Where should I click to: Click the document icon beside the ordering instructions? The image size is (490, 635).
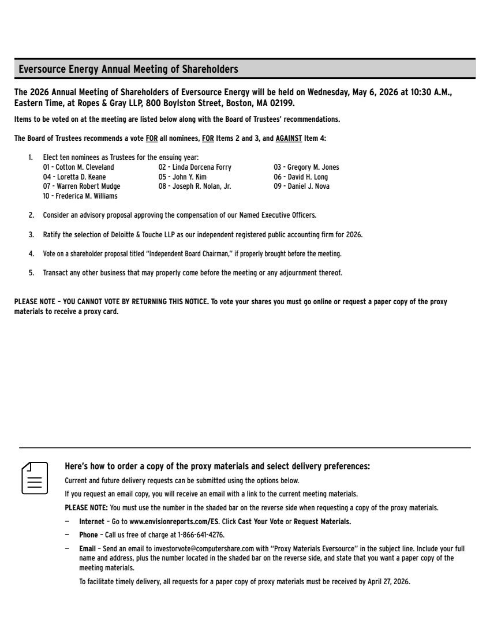tap(35, 477)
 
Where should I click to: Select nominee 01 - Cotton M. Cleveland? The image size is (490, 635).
tap(78, 167)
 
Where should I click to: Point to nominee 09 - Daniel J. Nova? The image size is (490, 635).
tap(302, 186)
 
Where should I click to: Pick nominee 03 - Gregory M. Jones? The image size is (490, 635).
tap(306, 167)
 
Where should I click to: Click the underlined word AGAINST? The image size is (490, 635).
tap(289, 139)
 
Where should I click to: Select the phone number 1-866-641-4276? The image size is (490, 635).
tap(201, 535)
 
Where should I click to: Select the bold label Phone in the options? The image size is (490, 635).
tap(88, 535)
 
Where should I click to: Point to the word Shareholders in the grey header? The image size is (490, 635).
tap(210, 69)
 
